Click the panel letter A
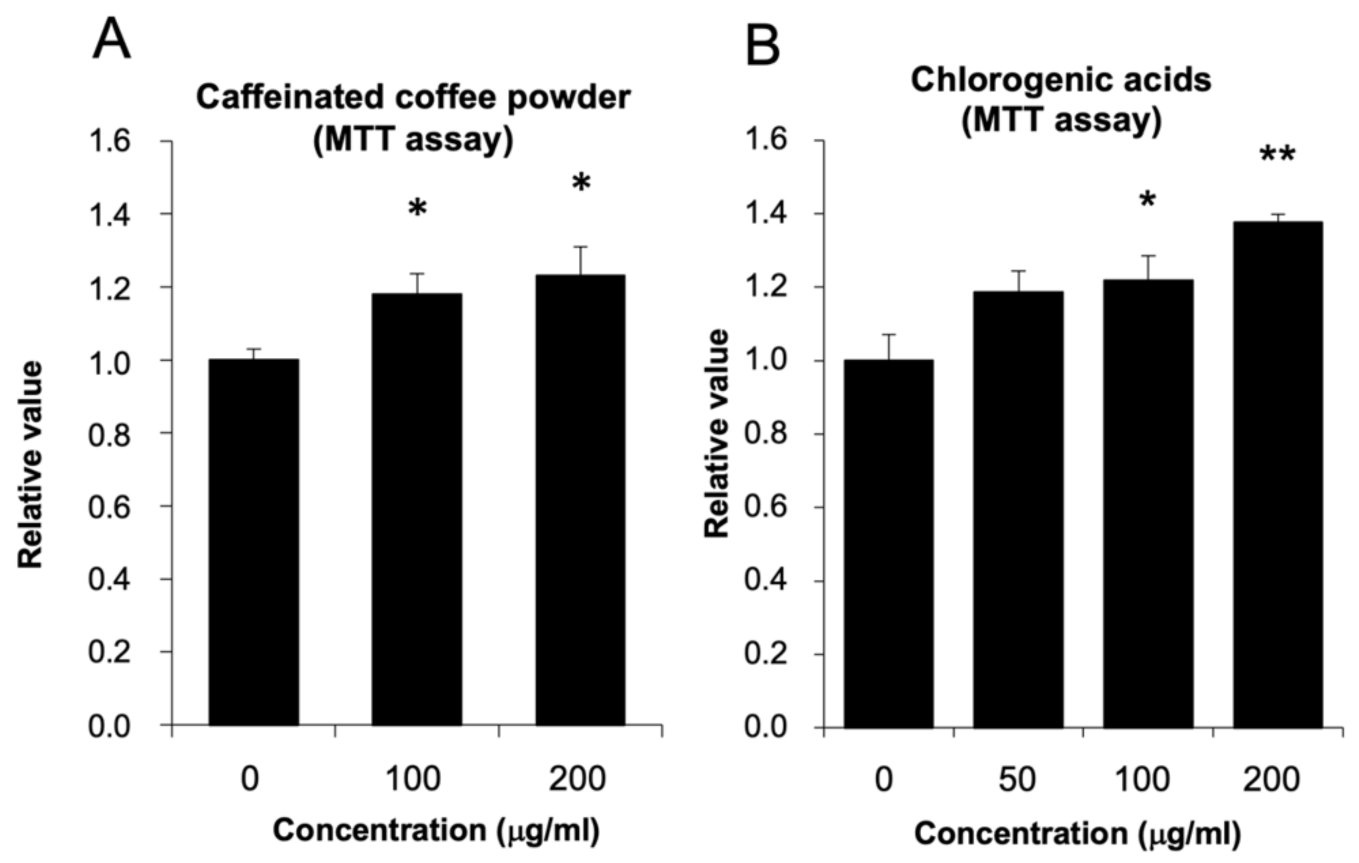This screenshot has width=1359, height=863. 111,41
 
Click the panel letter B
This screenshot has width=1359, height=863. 763,45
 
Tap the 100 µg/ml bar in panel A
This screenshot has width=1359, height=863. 416,509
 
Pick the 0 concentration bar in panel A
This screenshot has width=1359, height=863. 253,542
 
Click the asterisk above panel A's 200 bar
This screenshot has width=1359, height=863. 581,184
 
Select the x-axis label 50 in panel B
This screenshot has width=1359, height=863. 1017,780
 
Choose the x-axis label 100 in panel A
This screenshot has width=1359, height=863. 412,779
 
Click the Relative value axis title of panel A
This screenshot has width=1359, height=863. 31,464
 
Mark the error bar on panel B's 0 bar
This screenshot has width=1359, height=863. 889,346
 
